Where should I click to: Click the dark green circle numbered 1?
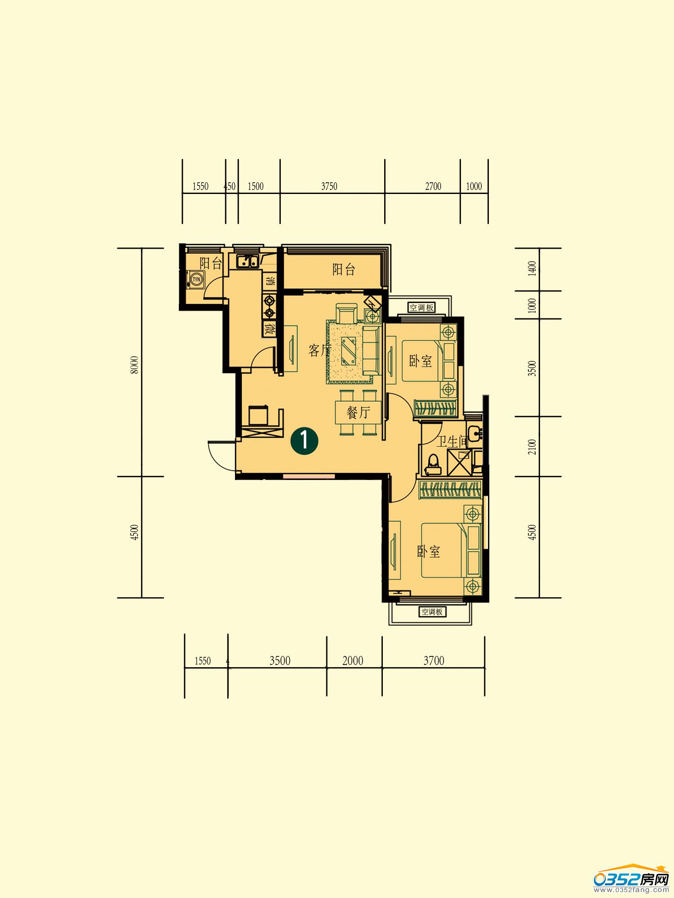pyautogui.click(x=304, y=440)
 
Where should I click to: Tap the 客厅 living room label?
pyautogui.click(x=319, y=350)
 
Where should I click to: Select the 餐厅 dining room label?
pyautogui.click(x=358, y=412)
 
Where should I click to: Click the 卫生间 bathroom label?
pyautogui.click(x=452, y=442)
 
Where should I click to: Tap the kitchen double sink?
pyautogui.click(x=247, y=261)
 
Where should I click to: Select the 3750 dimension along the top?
pyautogui.click(x=329, y=186)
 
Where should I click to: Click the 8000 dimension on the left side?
pyautogui.click(x=134, y=365)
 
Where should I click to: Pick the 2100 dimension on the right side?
pyautogui.click(x=532, y=447)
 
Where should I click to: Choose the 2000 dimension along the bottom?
pyautogui.click(x=353, y=660)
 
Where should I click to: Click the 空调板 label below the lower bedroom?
pyautogui.click(x=432, y=612)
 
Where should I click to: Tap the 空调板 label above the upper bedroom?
pyautogui.click(x=421, y=308)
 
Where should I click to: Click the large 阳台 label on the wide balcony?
pyautogui.click(x=344, y=269)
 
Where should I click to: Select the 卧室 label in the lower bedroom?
pyautogui.click(x=428, y=551)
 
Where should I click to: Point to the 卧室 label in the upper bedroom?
pyautogui.click(x=421, y=361)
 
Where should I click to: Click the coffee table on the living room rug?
pyautogui.click(x=349, y=351)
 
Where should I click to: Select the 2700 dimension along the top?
pyautogui.click(x=433, y=186)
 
